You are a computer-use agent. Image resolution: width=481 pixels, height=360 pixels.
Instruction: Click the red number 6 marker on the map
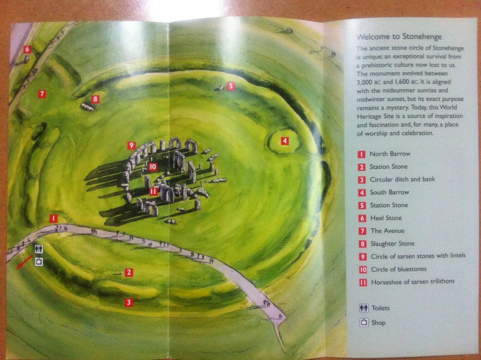[27, 49]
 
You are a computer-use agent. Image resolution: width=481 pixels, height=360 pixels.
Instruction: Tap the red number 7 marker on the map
[42, 94]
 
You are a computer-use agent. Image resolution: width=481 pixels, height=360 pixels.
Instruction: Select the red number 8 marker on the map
[95, 99]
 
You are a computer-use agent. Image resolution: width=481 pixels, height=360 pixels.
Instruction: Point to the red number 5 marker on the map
[231, 86]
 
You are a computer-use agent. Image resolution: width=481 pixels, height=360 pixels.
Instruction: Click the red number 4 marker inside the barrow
[285, 141]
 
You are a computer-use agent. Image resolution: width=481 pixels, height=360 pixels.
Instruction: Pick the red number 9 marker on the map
[132, 145]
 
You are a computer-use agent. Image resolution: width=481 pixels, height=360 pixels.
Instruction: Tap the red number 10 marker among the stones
[153, 167]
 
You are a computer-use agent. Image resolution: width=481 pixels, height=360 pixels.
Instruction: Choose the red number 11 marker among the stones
[153, 192]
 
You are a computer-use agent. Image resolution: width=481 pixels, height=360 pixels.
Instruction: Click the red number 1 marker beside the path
[54, 218]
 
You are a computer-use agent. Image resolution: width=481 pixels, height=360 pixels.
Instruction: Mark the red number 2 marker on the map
[129, 273]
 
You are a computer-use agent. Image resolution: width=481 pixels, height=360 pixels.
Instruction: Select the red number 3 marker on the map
[129, 302]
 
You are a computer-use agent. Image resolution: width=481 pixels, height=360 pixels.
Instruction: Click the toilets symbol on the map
[39, 249]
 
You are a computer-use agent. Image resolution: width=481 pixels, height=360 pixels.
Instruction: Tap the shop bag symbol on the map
[39, 262]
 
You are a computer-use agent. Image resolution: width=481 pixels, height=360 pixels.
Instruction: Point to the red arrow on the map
[25, 262]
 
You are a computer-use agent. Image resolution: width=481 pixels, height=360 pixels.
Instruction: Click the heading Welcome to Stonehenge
[399, 37]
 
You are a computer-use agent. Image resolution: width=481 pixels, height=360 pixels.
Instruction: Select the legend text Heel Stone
[386, 218]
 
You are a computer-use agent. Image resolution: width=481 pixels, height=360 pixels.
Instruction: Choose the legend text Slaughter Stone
[392, 244]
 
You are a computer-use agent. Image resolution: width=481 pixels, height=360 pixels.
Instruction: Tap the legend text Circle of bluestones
[399, 269]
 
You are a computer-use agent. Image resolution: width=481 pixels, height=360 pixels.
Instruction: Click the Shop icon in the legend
[364, 322]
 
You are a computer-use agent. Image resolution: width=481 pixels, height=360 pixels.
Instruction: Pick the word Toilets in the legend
[381, 308]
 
